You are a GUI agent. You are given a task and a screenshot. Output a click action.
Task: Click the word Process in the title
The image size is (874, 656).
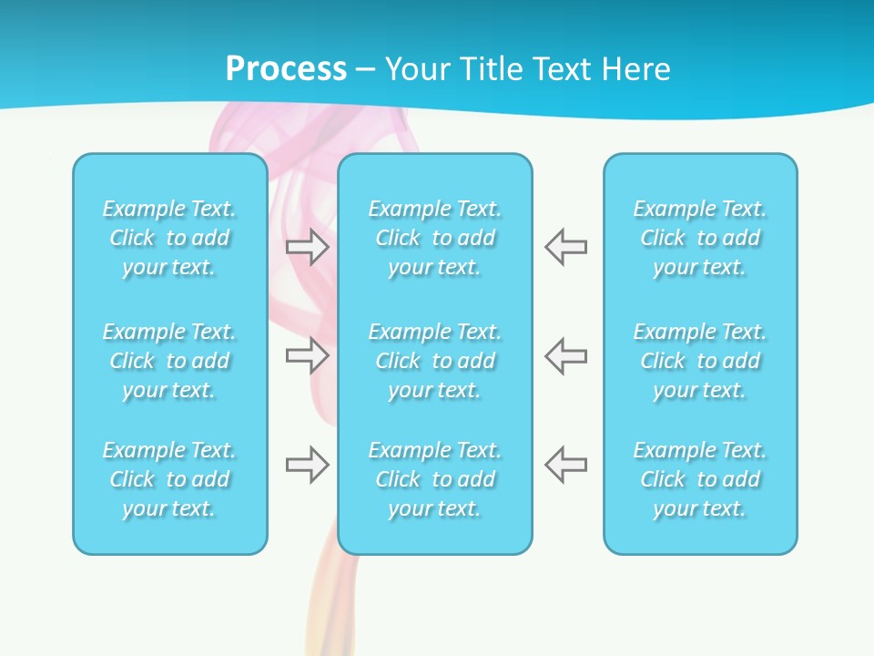pyautogui.click(x=286, y=69)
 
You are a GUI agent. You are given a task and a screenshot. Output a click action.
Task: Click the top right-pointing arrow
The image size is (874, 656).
pyautogui.click(x=308, y=247)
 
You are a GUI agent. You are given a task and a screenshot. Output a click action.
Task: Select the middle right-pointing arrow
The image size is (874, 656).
pyautogui.click(x=308, y=355)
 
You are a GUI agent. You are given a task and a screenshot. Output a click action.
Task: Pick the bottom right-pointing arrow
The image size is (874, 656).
pyautogui.click(x=308, y=465)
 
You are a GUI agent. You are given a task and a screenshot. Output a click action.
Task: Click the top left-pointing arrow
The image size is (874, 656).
pyautogui.click(x=566, y=247)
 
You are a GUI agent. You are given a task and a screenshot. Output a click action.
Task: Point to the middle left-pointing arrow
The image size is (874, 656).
pyautogui.click(x=566, y=355)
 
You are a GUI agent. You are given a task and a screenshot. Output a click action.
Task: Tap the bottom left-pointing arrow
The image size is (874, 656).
pyautogui.click(x=566, y=465)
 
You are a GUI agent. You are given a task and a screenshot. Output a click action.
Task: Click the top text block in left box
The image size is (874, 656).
pyautogui.click(x=169, y=238)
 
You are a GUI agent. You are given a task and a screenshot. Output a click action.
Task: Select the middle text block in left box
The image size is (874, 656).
pyautogui.click(x=169, y=361)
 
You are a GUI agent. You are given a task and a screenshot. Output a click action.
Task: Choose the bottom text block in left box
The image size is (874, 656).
pyautogui.click(x=169, y=479)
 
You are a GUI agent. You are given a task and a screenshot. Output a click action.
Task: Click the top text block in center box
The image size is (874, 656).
pyautogui.click(x=435, y=238)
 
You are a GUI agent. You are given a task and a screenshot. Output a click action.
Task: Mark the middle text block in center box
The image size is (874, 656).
pyautogui.click(x=435, y=361)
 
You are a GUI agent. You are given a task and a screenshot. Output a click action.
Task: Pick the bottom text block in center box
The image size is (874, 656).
pyautogui.click(x=435, y=479)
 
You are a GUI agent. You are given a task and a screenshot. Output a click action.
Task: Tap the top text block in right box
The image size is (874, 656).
pyautogui.click(x=700, y=238)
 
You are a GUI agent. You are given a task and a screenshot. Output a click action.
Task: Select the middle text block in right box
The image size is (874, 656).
pyautogui.click(x=700, y=361)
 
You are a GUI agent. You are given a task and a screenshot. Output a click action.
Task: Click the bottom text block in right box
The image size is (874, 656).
pyautogui.click(x=700, y=479)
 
